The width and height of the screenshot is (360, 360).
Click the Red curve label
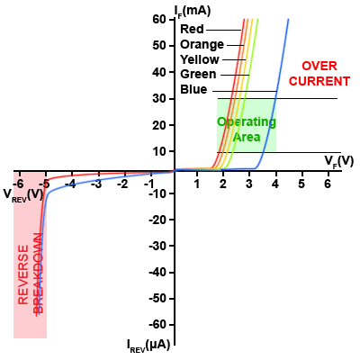pyautogui.click(x=192, y=29)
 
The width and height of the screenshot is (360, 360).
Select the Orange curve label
pyautogui.click(x=202, y=44)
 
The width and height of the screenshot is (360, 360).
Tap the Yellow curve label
pyautogui.click(x=200, y=59)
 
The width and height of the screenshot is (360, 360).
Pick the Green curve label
pyautogui.click(x=198, y=74)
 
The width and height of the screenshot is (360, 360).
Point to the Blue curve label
pyautogui.click(x=193, y=89)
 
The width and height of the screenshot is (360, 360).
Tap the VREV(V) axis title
pyautogui.click(x=23, y=193)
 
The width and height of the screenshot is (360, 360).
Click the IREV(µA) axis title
pyautogui.click(x=148, y=345)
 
